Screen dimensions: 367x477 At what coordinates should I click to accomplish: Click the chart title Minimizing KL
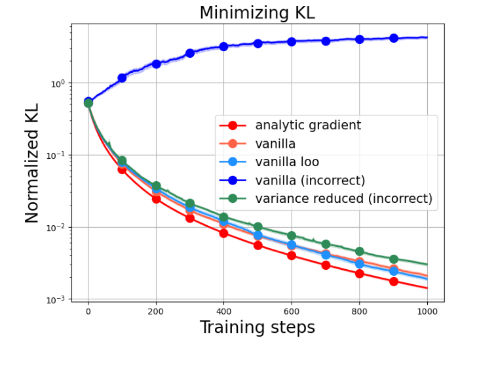(x=257, y=12)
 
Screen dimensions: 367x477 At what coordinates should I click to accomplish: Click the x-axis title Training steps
(x=257, y=327)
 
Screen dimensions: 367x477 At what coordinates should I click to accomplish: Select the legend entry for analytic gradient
(x=308, y=125)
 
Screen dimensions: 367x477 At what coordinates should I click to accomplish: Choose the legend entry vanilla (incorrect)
(x=310, y=180)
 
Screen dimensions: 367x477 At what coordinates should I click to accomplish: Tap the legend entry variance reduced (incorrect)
(x=343, y=198)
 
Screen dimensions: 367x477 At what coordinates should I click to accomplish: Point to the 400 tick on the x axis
(x=223, y=313)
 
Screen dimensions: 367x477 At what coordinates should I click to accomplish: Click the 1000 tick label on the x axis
(x=427, y=313)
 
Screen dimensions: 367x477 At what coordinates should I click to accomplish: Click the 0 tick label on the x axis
(x=88, y=313)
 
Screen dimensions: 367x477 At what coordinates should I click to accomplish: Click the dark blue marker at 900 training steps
(x=394, y=38)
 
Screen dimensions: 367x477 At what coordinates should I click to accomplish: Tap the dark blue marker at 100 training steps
(x=122, y=77)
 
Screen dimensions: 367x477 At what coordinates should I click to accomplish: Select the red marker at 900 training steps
(x=394, y=281)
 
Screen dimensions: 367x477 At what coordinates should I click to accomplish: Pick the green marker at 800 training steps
(x=360, y=251)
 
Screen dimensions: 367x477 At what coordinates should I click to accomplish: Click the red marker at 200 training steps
(x=156, y=199)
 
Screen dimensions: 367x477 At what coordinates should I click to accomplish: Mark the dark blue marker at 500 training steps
(x=258, y=43)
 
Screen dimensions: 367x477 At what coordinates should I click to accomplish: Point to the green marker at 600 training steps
(x=292, y=236)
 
